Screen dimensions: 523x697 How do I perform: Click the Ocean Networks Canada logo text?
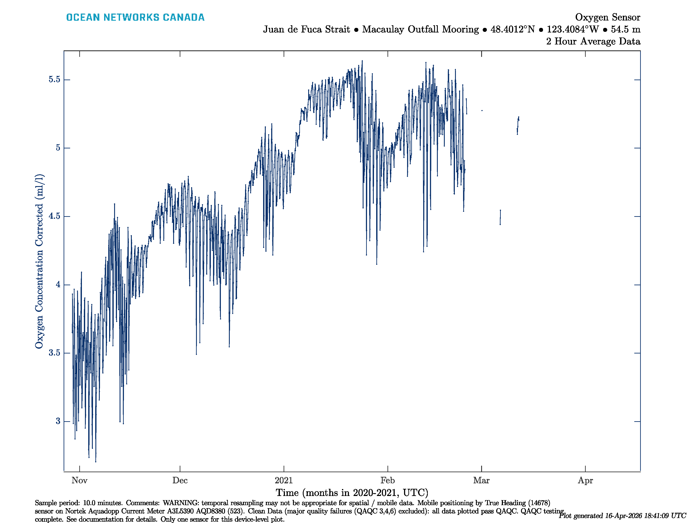click(135, 17)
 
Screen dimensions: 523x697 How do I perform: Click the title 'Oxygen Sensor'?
click(607, 17)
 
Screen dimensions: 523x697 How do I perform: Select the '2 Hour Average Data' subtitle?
click(593, 41)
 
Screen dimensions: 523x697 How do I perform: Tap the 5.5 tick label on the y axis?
click(54, 80)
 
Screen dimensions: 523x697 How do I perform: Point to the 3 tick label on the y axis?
click(58, 421)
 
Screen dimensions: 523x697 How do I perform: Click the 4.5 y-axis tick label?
click(54, 216)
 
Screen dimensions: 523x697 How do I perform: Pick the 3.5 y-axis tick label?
click(54, 353)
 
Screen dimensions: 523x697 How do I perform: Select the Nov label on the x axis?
click(80, 481)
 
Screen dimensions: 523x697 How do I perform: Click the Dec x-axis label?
click(180, 481)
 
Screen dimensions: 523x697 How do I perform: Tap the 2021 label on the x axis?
click(284, 481)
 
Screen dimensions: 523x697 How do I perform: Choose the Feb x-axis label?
click(387, 481)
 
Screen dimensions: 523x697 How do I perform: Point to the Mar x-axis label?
click(481, 481)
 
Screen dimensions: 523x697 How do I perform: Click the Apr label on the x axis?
click(585, 481)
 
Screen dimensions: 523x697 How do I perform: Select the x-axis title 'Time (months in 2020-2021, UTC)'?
click(352, 493)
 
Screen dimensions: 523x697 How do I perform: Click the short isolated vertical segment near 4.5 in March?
click(500, 217)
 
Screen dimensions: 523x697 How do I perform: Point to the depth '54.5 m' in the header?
click(626, 29)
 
